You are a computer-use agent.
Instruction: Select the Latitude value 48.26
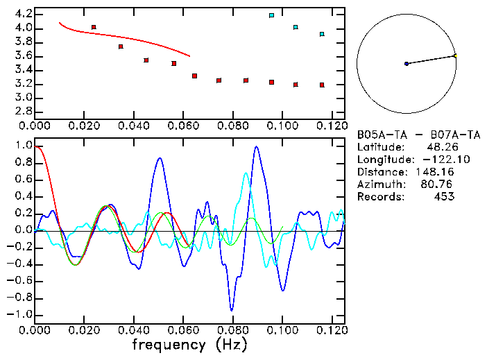(439, 146)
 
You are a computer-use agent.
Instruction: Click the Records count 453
(441, 196)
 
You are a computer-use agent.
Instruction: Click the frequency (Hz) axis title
(189, 344)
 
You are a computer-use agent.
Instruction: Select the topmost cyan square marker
(271, 15)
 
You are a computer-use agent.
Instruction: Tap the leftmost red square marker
(94, 27)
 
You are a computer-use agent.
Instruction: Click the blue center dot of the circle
(407, 64)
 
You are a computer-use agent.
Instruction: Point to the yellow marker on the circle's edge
(455, 55)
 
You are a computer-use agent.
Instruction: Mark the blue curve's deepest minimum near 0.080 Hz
(232, 310)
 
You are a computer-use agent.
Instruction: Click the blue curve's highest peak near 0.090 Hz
(257, 147)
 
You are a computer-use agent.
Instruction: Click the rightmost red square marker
(322, 85)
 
